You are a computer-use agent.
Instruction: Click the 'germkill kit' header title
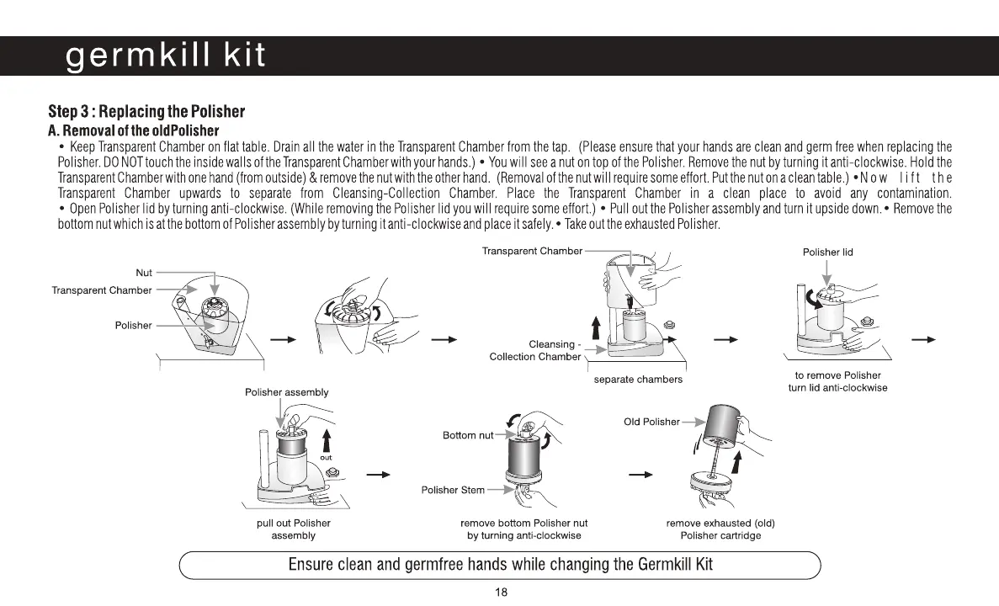166,56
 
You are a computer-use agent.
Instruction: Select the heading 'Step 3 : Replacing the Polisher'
146,112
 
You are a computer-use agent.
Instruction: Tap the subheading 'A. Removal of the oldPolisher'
133,130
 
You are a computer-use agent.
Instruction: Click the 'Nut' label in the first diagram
144,273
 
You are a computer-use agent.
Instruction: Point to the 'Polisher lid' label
828,252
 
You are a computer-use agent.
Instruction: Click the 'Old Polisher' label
651,422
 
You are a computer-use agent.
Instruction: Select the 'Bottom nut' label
468,435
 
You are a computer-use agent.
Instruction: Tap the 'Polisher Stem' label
453,490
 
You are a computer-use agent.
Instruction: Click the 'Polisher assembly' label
286,392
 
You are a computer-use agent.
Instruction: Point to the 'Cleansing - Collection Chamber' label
536,350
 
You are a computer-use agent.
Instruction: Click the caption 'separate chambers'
638,380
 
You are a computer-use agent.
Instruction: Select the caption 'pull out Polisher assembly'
294,529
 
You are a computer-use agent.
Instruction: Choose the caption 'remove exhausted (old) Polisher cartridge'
720,529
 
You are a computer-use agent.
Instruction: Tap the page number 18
501,593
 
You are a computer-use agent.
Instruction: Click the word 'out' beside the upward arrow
325,457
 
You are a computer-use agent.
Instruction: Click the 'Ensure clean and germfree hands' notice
500,565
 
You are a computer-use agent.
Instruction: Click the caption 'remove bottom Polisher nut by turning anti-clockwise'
524,529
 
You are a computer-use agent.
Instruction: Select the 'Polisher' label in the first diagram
134,325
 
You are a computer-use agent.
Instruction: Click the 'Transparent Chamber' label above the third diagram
532,251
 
